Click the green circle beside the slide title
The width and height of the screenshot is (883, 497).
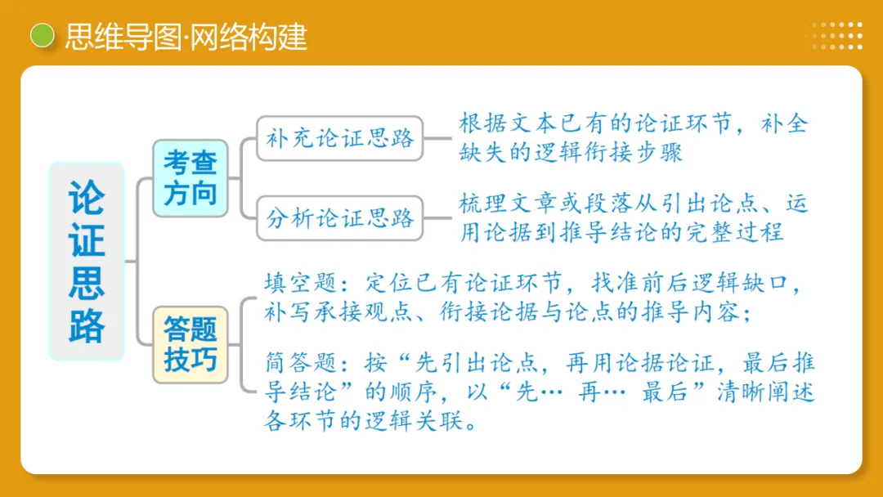[42, 35]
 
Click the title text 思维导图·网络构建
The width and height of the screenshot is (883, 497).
[186, 36]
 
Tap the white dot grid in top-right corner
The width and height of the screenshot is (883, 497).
[836, 36]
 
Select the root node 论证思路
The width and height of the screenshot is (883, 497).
[87, 262]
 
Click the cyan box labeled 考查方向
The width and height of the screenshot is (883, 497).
[190, 178]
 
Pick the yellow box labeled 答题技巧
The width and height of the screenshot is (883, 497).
[190, 344]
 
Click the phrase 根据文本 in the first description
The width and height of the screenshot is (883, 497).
[507, 124]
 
